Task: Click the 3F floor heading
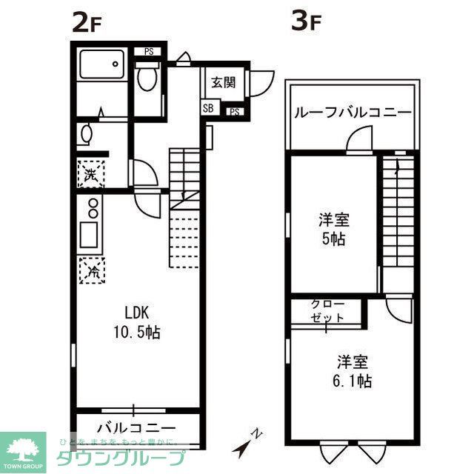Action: (x=305, y=23)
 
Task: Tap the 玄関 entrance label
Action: (x=223, y=83)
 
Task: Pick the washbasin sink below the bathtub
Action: (x=87, y=135)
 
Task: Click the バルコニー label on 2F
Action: (x=136, y=428)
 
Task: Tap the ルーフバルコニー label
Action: (x=353, y=113)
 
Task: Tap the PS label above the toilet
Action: (x=149, y=51)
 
